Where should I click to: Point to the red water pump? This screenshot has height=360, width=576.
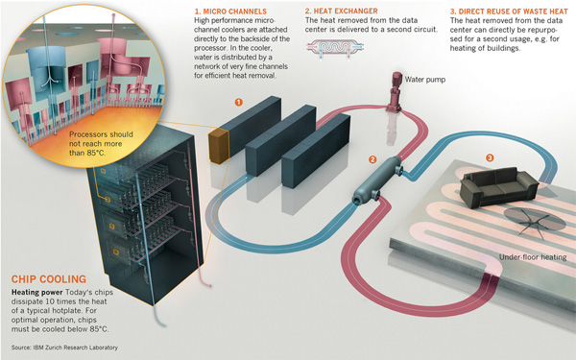point(396,95)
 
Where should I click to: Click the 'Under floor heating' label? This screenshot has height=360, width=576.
point(528,257)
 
